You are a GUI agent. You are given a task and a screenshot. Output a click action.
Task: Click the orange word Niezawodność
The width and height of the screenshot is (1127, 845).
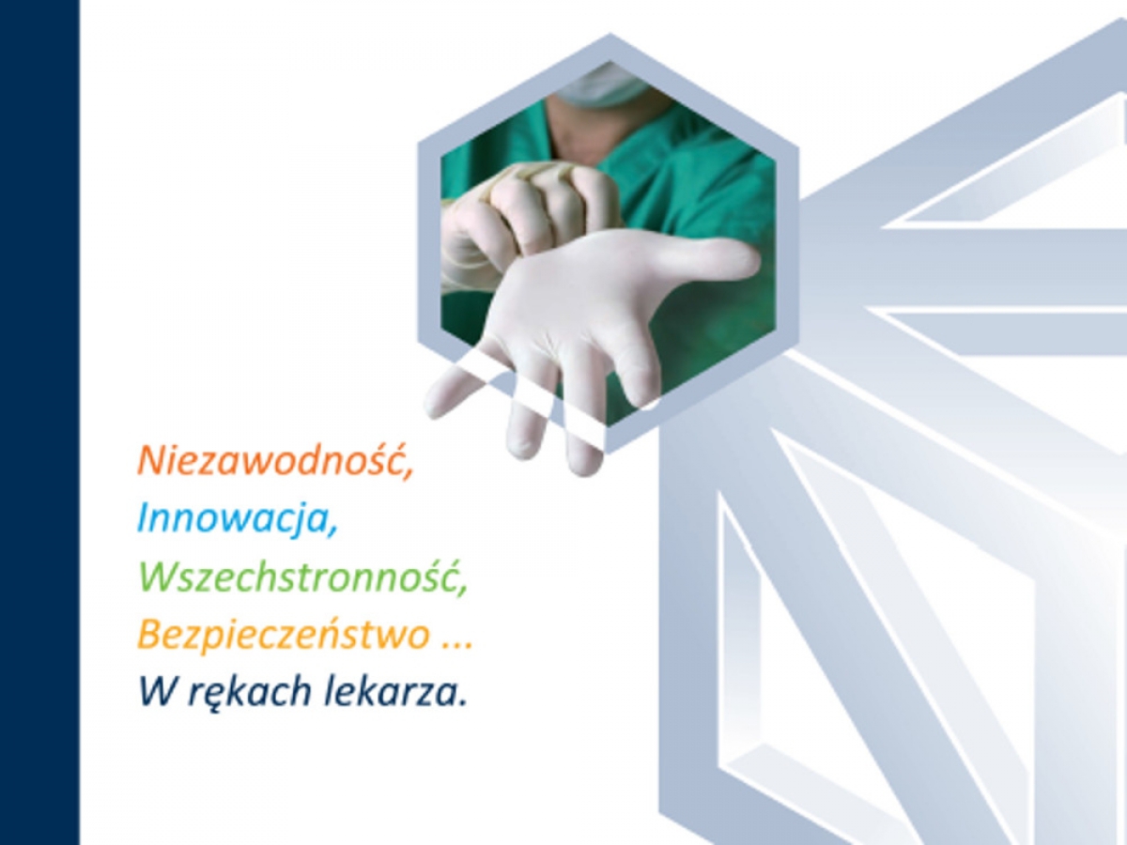(271, 461)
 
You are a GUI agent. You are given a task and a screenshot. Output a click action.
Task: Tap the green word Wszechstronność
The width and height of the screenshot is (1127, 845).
(299, 577)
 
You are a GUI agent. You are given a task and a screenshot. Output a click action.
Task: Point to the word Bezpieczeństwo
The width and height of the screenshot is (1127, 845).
(284, 636)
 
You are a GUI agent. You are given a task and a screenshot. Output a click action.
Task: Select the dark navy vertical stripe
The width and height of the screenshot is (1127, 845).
(39, 422)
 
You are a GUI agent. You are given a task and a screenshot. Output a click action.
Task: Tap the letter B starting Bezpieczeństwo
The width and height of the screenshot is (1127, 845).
(150, 634)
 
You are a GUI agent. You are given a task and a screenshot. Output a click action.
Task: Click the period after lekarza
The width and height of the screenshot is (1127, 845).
(462, 704)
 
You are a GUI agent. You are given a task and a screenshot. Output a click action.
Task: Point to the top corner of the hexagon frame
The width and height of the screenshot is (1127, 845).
(610, 35)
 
